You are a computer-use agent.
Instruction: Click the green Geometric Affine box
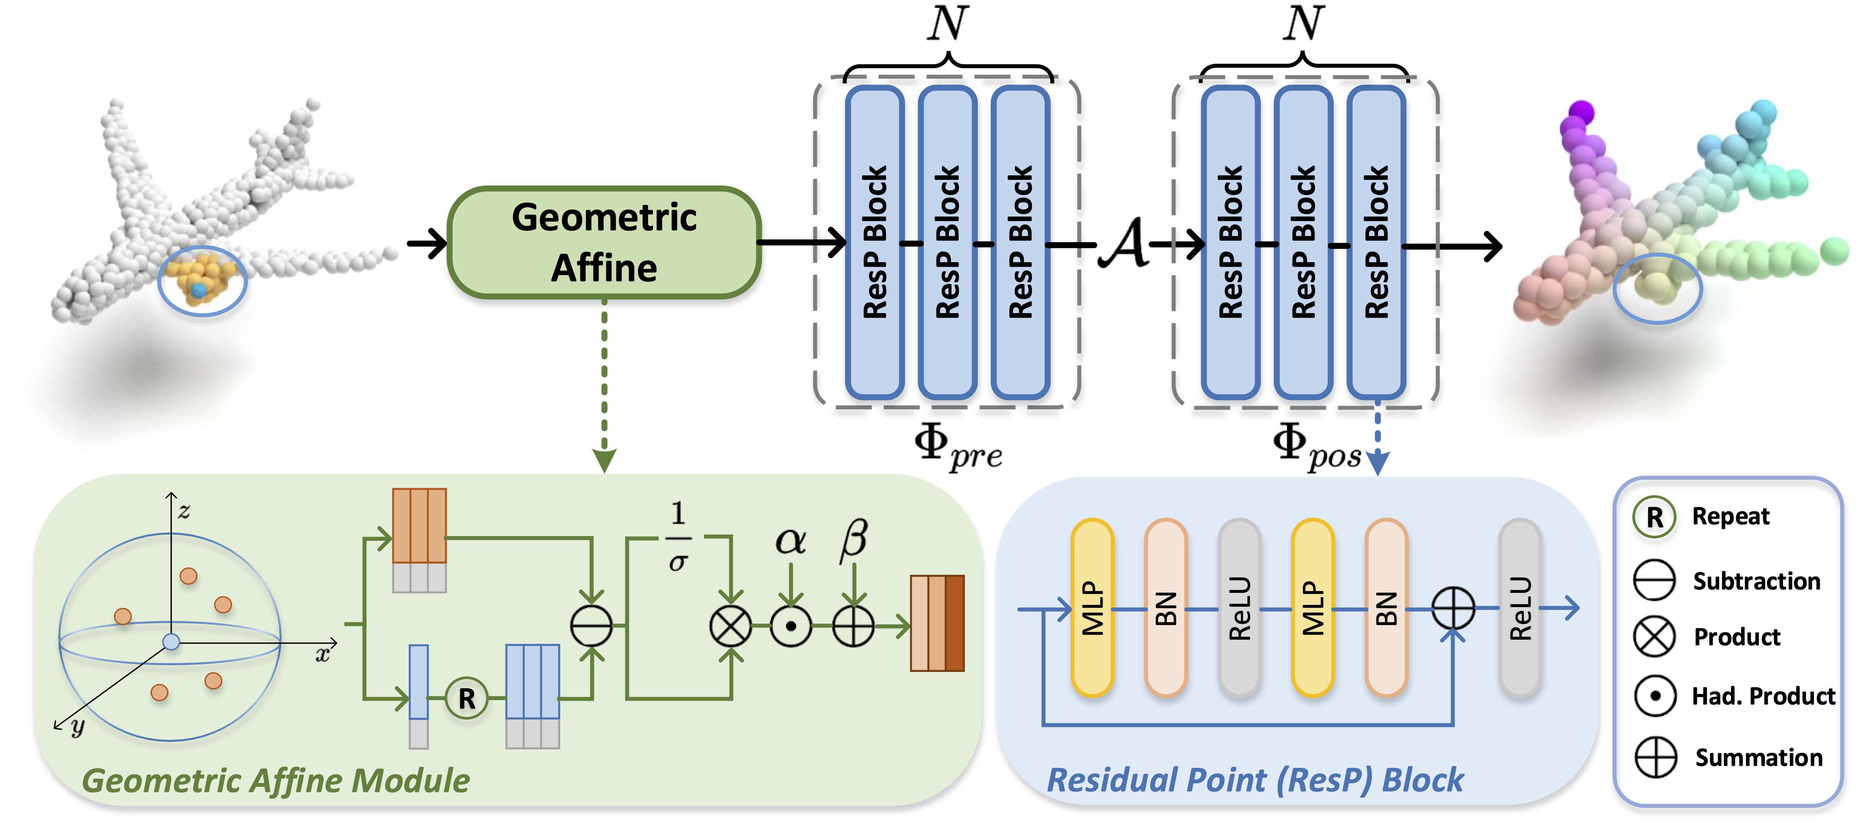click(604, 242)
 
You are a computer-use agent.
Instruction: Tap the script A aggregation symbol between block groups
click(1124, 244)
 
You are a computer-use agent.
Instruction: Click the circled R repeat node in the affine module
click(466, 698)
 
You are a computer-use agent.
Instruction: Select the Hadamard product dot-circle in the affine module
click(791, 625)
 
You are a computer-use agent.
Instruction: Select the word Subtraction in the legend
click(1757, 581)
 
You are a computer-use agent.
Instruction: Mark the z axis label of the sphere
click(185, 512)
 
